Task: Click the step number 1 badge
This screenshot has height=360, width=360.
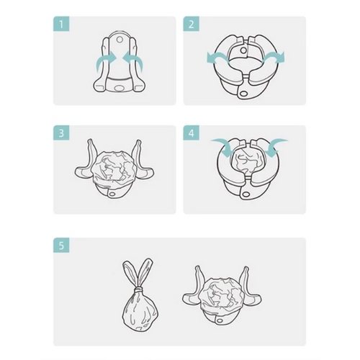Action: (61, 24)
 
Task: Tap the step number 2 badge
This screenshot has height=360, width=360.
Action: (192, 24)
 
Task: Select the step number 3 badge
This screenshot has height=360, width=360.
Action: (61, 132)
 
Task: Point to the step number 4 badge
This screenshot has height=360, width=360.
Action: (192, 132)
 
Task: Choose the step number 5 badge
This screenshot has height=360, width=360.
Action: (61, 246)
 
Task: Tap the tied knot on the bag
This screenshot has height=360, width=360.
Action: (138, 291)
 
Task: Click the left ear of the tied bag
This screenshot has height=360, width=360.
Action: (130, 274)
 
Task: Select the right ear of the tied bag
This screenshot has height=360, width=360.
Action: (145, 272)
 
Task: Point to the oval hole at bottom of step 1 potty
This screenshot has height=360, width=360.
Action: (118, 88)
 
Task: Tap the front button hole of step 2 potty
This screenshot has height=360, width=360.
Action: (244, 93)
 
